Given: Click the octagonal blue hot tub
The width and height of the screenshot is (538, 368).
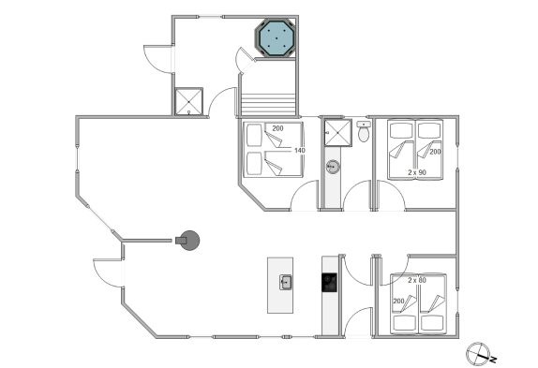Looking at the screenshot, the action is (276, 37).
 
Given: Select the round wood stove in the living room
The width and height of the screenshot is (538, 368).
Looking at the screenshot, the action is (188, 241).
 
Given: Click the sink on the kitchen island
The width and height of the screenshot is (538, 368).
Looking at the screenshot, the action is (286, 283).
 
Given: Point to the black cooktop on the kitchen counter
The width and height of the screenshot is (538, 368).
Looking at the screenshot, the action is (329, 283).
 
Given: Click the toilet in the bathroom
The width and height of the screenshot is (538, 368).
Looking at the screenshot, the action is (363, 131).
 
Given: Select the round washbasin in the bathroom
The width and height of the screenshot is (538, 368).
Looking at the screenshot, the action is (333, 167).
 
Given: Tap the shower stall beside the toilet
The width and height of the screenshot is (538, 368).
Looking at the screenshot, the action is (338, 133).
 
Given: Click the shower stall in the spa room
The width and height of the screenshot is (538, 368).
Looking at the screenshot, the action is (188, 101).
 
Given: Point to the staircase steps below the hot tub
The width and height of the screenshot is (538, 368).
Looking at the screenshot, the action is (268, 105).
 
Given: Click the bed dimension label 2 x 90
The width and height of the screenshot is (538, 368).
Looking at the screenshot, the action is (417, 172).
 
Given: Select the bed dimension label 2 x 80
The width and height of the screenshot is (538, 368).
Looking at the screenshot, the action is (417, 280).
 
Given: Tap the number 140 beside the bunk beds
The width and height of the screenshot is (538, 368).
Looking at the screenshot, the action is (300, 150).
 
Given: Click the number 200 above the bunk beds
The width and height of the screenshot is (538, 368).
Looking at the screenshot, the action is (277, 128).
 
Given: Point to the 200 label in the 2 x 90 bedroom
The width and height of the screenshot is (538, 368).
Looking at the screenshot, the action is (435, 152).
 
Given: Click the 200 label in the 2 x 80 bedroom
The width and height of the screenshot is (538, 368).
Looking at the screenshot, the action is (398, 302).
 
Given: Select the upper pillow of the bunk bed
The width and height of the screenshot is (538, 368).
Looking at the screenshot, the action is (254, 135).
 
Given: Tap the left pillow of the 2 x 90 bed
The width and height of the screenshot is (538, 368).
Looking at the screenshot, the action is (401, 130).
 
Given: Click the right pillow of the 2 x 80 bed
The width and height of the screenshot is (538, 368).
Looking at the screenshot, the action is (433, 323).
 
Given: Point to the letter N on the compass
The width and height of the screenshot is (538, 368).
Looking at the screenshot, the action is (493, 360).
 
